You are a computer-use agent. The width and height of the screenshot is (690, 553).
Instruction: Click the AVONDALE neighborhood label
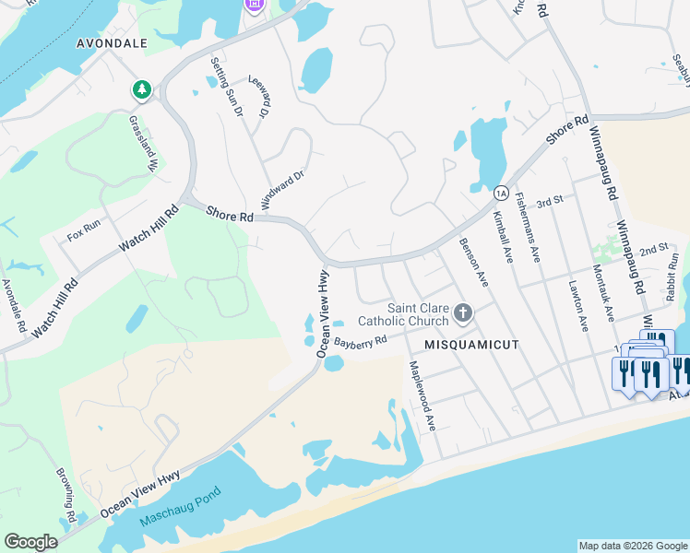click(x=113, y=42)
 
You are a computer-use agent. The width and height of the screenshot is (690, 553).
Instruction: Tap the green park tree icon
click(x=141, y=90)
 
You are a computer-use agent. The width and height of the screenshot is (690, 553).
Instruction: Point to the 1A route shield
click(x=500, y=193)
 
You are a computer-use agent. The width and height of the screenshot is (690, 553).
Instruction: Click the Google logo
click(x=30, y=542)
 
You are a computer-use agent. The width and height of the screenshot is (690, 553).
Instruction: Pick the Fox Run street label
click(x=84, y=236)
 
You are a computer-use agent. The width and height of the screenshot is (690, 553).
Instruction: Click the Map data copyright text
click(x=633, y=546)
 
